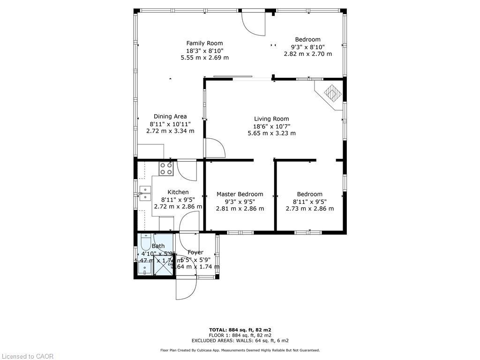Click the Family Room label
click(x=204, y=43)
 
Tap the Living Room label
click(x=271, y=119)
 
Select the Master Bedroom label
click(x=240, y=194)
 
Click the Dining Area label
click(x=170, y=116)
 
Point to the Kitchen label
click(x=178, y=192)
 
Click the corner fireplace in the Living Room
click(x=333, y=93)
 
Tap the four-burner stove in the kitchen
click(x=166, y=169)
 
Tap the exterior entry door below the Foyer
click(x=186, y=289)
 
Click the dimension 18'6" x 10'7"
click(x=271, y=126)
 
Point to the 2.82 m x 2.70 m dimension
click(x=307, y=54)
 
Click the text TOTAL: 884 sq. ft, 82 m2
click(x=240, y=330)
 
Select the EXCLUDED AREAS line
click(x=240, y=341)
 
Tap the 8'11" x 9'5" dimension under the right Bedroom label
click(x=309, y=202)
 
